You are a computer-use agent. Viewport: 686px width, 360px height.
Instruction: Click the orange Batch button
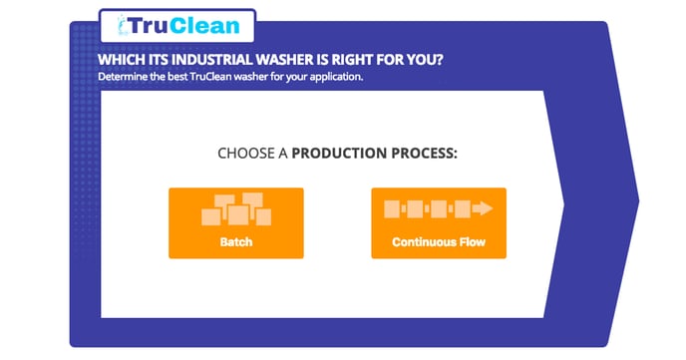pyautogui.click(x=235, y=222)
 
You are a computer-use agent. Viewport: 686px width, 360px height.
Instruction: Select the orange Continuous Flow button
pyautogui.click(x=438, y=222)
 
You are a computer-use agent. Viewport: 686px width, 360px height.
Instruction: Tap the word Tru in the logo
pyautogui.click(x=146, y=25)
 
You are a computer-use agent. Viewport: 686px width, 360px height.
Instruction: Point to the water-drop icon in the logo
pyautogui.click(x=120, y=26)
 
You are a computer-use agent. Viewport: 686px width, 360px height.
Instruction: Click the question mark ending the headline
pyautogui.click(x=439, y=59)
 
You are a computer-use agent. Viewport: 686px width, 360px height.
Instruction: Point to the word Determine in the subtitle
pyautogui.click(x=123, y=76)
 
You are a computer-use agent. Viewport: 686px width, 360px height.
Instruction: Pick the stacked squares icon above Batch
pyautogui.click(x=235, y=208)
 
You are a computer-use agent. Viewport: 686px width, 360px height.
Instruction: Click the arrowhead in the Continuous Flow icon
pyautogui.click(x=484, y=209)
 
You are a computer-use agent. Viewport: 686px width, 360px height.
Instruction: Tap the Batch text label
pyautogui.click(x=235, y=242)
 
